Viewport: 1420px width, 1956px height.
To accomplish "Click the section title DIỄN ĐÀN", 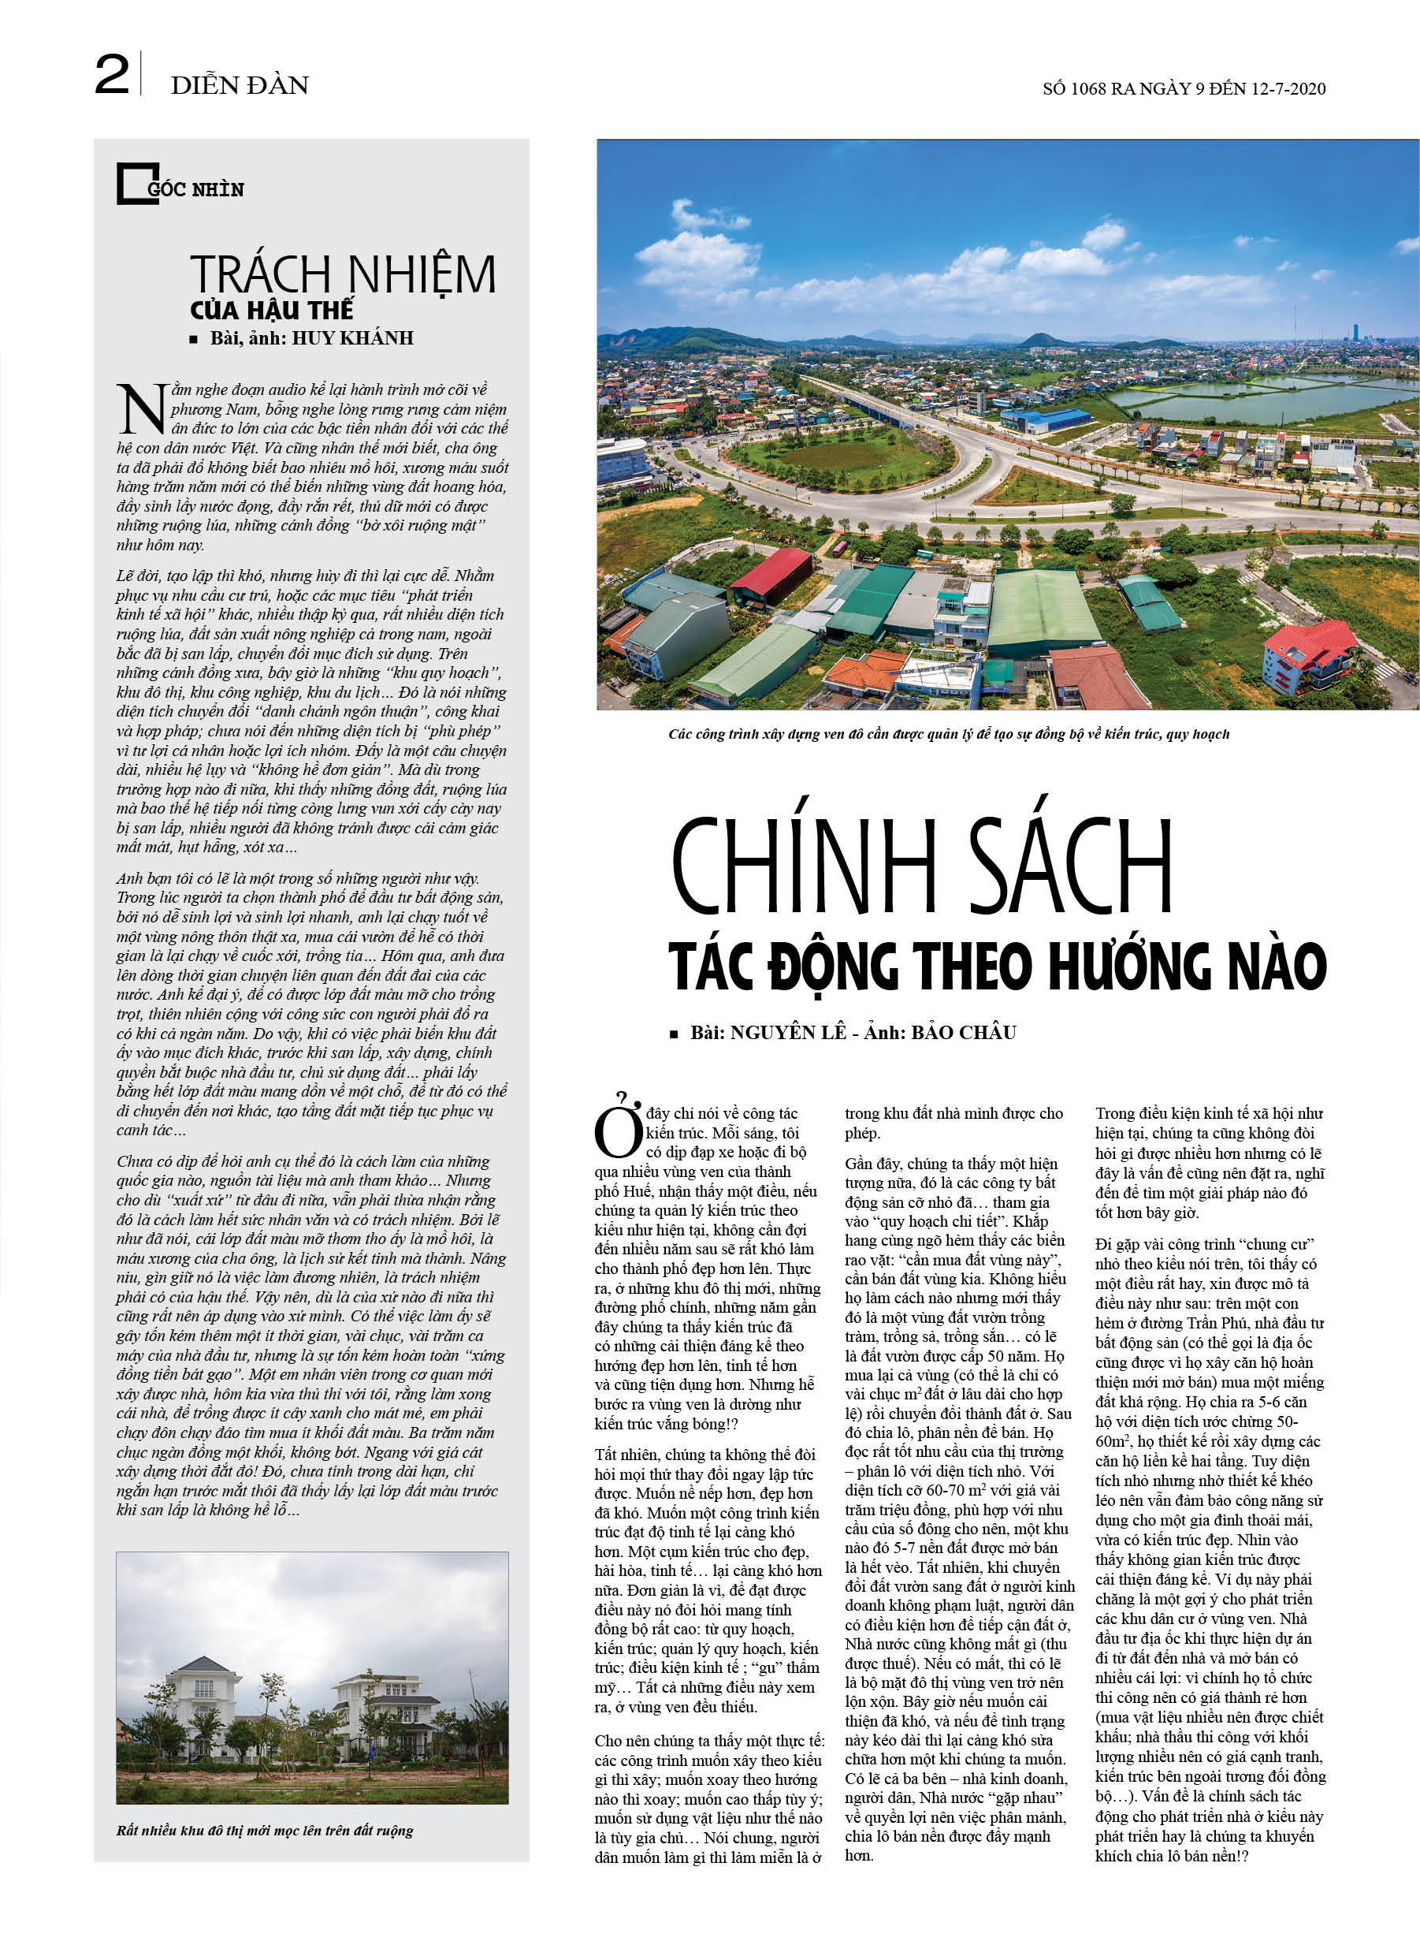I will (239, 85).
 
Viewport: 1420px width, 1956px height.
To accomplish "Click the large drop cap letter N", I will (141, 410).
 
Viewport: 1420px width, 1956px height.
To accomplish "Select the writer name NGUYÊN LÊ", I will (788, 1034).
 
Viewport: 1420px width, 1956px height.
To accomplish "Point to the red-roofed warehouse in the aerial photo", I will (772, 576).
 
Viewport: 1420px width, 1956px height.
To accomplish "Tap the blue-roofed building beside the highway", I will (1046, 420).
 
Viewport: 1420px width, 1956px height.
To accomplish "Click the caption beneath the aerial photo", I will (949, 734).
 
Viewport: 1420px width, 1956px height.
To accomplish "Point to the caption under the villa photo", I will (265, 1831).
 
